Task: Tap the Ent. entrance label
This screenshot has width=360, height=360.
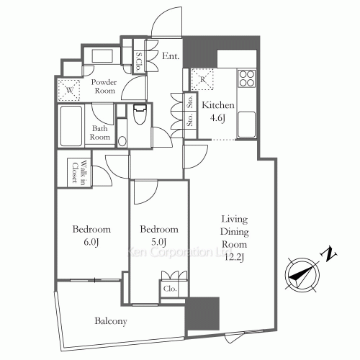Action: (170, 56)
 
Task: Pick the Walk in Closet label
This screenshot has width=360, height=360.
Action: (74, 172)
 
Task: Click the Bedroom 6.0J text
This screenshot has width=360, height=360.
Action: (91, 235)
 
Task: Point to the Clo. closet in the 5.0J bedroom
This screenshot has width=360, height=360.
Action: (170, 289)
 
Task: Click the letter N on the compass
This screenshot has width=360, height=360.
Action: (329, 253)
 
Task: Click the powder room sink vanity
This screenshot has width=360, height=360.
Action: (104, 57)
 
